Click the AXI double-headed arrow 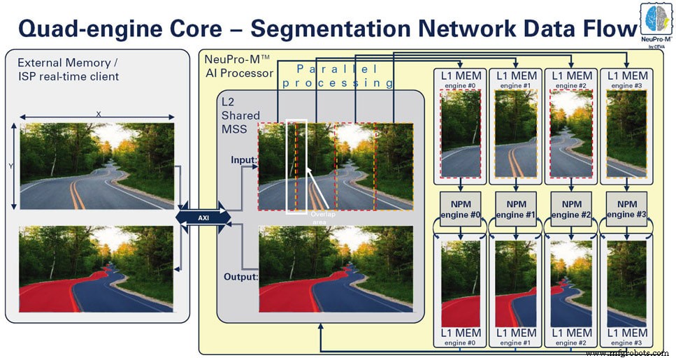pos(203,217)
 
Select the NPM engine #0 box pos(459,208)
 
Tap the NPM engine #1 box pos(515,208)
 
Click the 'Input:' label pos(243,160)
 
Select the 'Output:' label pos(240,277)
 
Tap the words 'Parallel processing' pos(345,75)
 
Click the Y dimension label pos(10,166)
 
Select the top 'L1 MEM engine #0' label pos(459,78)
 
